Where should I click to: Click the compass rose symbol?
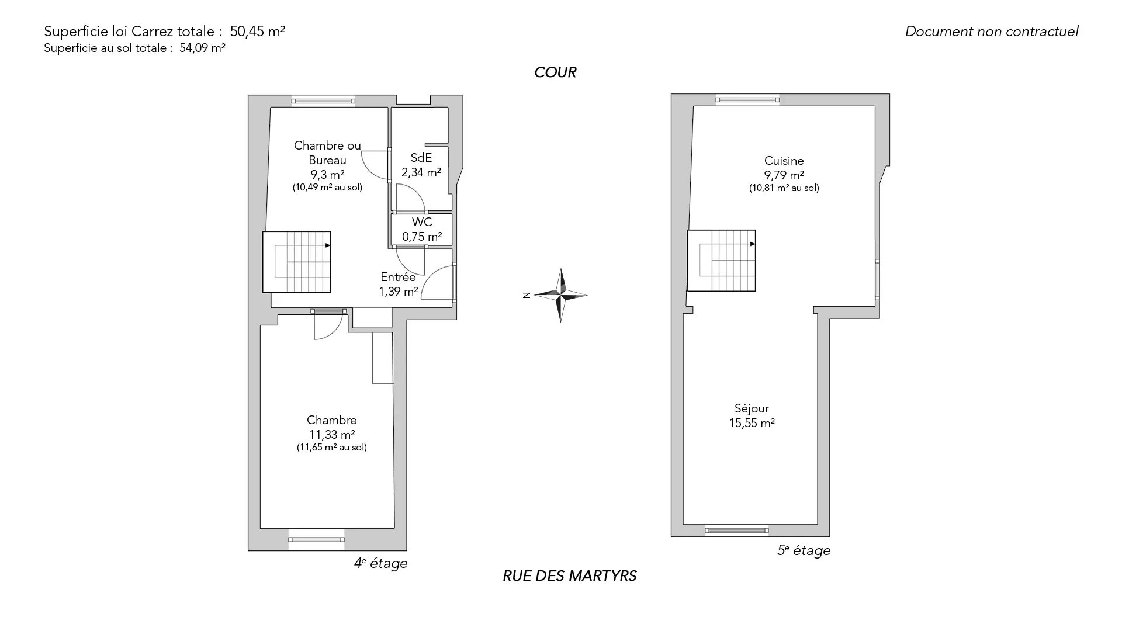(560, 295)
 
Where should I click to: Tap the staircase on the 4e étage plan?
(297, 262)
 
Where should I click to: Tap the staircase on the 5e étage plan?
(722, 261)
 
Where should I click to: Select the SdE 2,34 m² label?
(421, 165)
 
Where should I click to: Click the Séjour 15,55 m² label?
(752, 415)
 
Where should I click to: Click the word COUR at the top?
(555, 72)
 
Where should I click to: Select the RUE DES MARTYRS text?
(570, 576)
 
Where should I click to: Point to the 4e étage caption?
(380, 563)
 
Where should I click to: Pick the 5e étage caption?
(804, 550)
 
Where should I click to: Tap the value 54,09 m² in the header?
(202, 48)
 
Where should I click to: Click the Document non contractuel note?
(992, 32)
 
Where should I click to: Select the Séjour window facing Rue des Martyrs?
(736, 531)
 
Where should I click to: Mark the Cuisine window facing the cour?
(748, 100)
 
